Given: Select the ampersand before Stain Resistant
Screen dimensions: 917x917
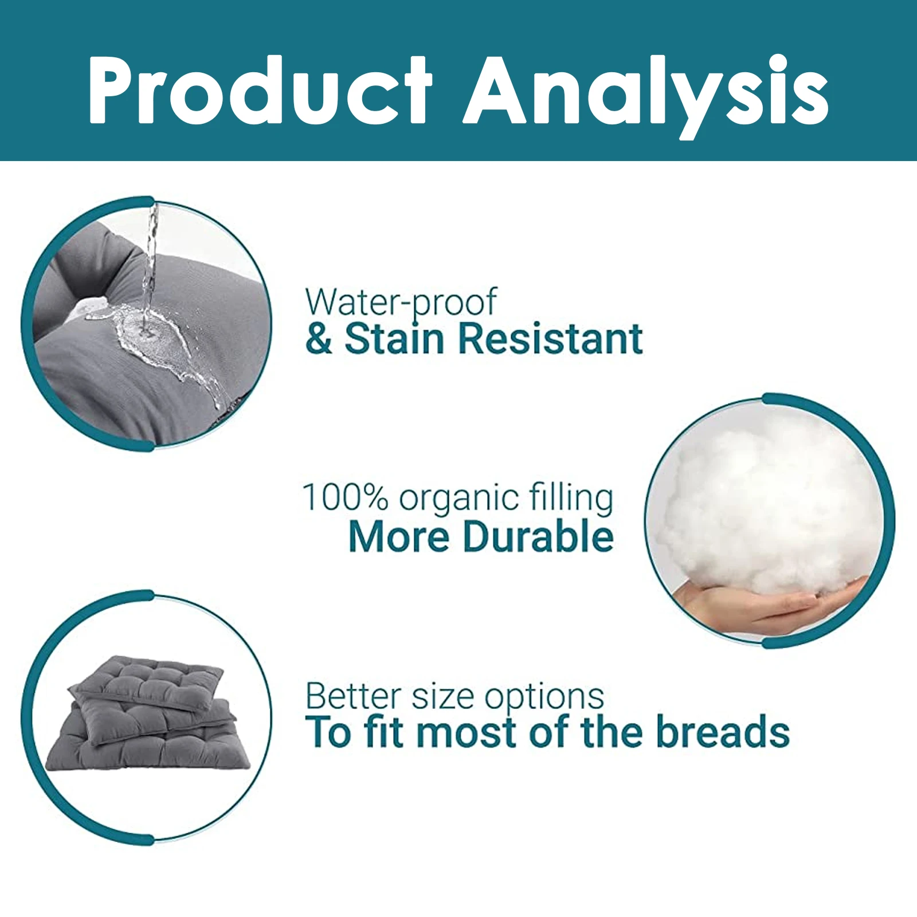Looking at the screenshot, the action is pyautogui.click(x=319, y=338).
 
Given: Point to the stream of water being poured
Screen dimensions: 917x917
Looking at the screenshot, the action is pyautogui.click(x=150, y=264).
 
